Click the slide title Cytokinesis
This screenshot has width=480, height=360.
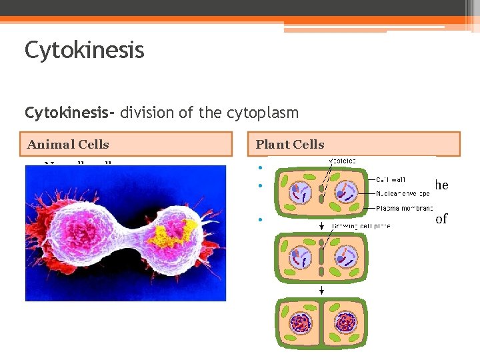(x=84, y=50)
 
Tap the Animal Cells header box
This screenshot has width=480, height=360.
(x=129, y=144)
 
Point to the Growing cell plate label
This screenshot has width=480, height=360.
(x=361, y=226)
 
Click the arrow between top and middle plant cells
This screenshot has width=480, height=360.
(x=322, y=225)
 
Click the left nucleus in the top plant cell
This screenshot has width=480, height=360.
(x=301, y=193)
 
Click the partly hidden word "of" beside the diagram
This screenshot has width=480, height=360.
(x=441, y=219)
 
